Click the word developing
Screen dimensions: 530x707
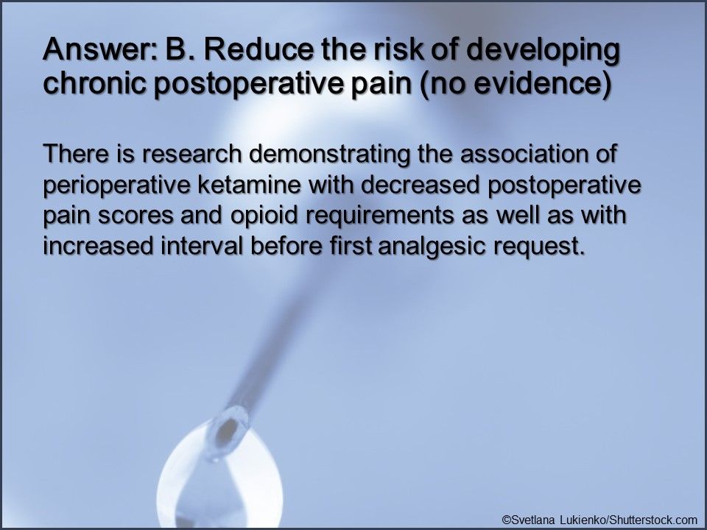click(545, 55)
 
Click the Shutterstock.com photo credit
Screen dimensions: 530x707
click(599, 519)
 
